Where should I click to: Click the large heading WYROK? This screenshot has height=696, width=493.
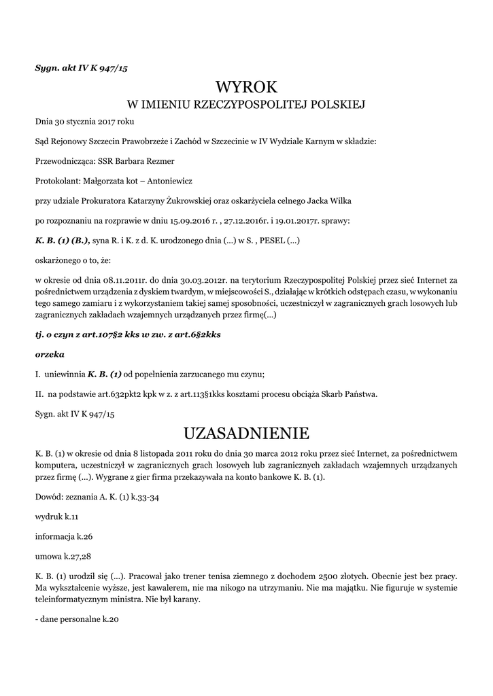[x=246, y=87]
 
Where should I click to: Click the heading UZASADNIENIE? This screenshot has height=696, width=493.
[x=246, y=433]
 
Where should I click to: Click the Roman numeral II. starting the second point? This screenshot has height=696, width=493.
[x=39, y=394]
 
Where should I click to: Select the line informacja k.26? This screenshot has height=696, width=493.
[x=64, y=536]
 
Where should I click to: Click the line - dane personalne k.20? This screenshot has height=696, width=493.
[x=77, y=620]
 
